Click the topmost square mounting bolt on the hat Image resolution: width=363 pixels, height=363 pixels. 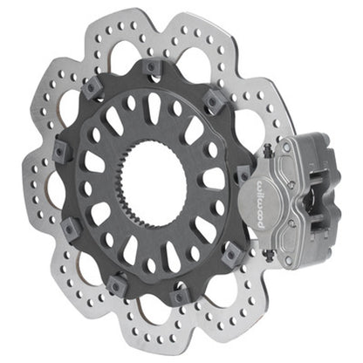point(154,67)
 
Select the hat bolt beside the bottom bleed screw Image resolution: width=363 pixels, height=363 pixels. point(232,256)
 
